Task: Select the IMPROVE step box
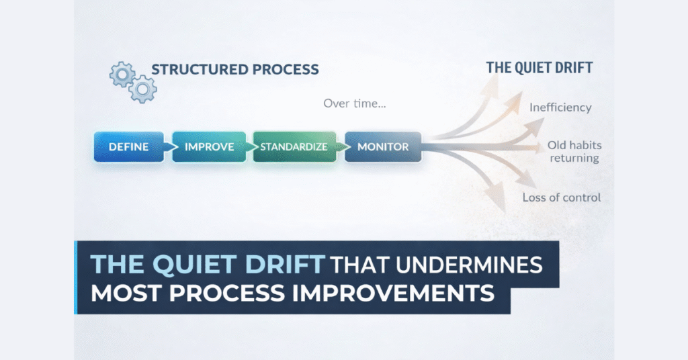(x=209, y=146)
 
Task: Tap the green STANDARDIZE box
(x=294, y=146)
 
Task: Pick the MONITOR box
(x=383, y=146)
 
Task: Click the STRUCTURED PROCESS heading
(x=234, y=70)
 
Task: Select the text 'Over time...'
(x=355, y=104)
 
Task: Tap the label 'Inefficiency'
(x=560, y=107)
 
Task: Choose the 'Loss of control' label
(x=562, y=197)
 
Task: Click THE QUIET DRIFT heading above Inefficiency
(x=540, y=68)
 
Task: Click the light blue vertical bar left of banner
(x=76, y=277)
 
